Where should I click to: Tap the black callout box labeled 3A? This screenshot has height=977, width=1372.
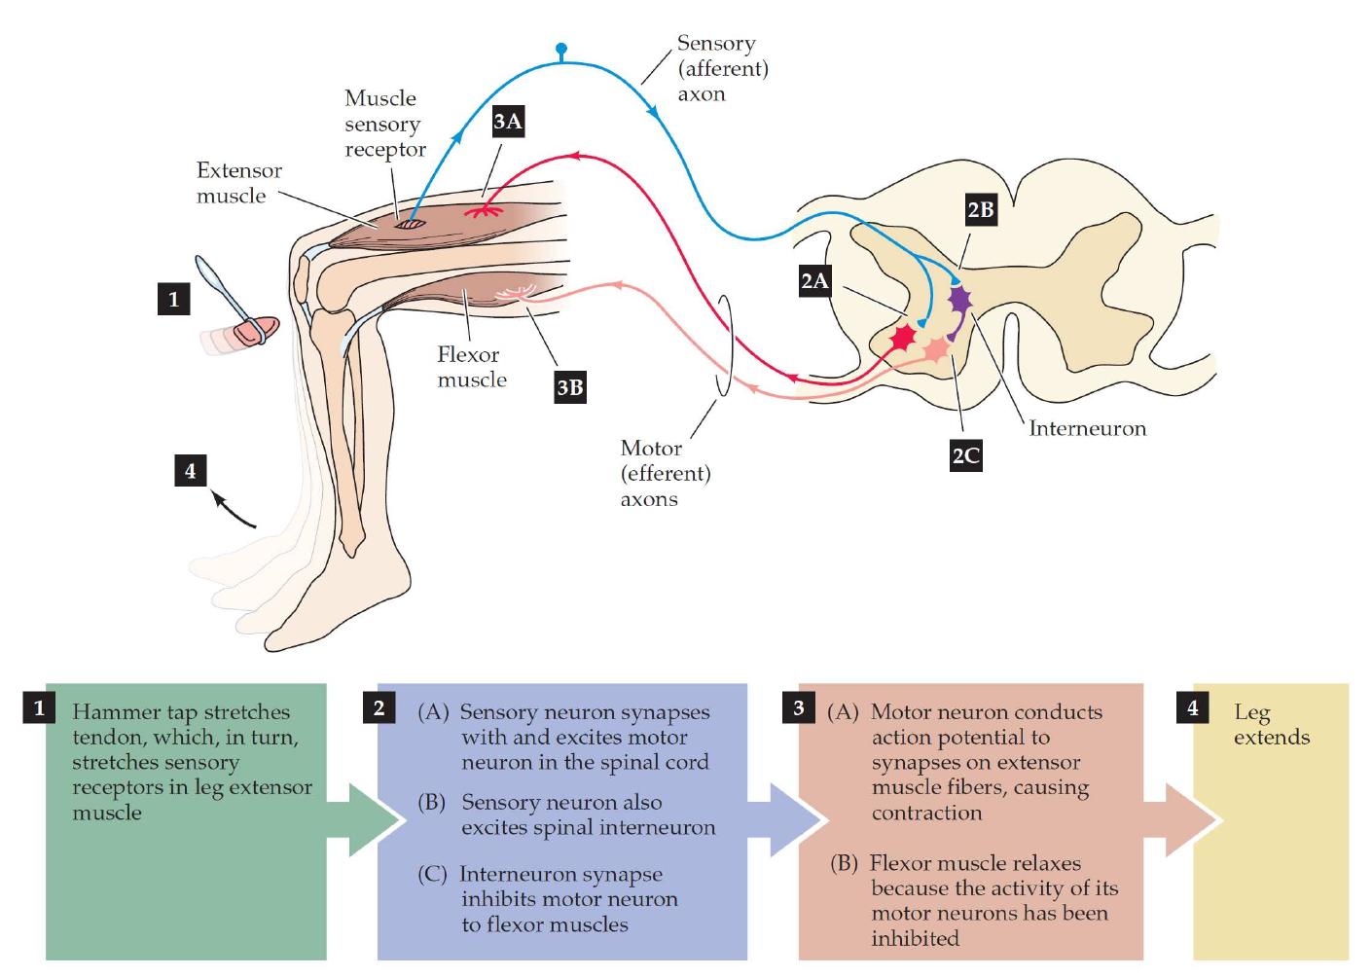[x=508, y=122]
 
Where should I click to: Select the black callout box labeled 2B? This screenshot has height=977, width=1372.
[x=980, y=210]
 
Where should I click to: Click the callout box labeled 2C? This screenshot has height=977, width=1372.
[x=965, y=454]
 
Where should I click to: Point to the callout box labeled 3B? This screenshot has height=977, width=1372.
[x=569, y=387]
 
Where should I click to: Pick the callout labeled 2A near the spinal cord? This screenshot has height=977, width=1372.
[x=814, y=281]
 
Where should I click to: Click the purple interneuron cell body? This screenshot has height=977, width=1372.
[x=960, y=299]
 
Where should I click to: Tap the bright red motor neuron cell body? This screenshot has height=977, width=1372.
[x=904, y=338]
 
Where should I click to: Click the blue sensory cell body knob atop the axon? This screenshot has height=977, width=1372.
[x=560, y=48]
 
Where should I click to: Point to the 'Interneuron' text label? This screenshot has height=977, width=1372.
[x=1087, y=428]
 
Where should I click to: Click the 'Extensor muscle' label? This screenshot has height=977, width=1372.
[x=238, y=183]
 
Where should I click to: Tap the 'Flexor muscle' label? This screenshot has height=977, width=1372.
[x=471, y=367]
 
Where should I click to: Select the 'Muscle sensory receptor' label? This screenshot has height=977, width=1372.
[x=384, y=124]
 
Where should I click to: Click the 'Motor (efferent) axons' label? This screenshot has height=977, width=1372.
[x=666, y=474]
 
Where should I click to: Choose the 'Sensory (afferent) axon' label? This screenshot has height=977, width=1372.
[x=722, y=68]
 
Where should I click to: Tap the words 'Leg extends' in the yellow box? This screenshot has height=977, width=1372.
[x=1271, y=725]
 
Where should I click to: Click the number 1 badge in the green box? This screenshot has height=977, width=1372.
[x=40, y=707]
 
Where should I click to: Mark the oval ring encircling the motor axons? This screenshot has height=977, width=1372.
[x=724, y=346]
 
